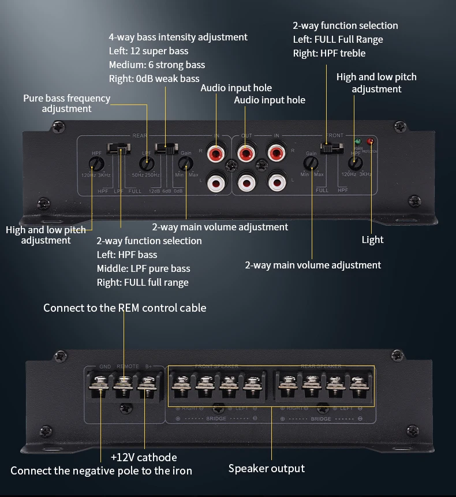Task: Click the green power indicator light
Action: point(358,141)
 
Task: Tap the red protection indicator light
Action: point(370,141)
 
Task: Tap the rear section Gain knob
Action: point(186,163)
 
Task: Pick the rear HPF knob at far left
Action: point(96,163)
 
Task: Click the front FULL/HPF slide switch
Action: point(327,148)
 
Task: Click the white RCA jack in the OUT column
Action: point(245,183)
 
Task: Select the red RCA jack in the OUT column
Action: point(245,154)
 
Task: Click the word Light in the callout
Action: point(372,240)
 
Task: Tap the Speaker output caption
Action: point(266,468)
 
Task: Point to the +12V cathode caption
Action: point(144,457)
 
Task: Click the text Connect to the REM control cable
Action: point(125,308)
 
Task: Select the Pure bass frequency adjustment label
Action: point(66,103)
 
